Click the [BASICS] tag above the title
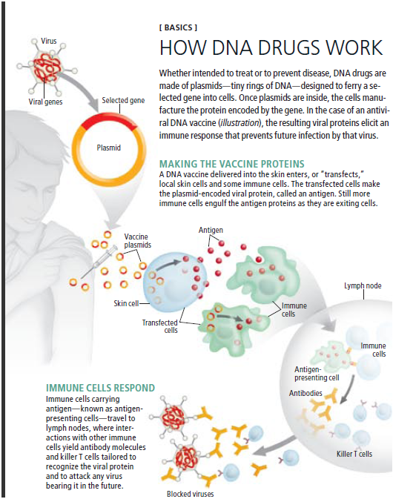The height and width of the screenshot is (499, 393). [x=179, y=27]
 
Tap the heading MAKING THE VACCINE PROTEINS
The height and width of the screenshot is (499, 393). [x=231, y=163]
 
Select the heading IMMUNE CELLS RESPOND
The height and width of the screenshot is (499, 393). [x=100, y=388]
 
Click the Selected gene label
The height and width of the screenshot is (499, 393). [x=122, y=100]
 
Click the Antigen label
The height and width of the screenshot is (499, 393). [x=211, y=230]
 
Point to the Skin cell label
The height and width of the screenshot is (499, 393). [x=126, y=303]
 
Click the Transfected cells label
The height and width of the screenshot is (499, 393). [x=160, y=326]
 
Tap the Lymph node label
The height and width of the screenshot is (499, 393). [x=362, y=285]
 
